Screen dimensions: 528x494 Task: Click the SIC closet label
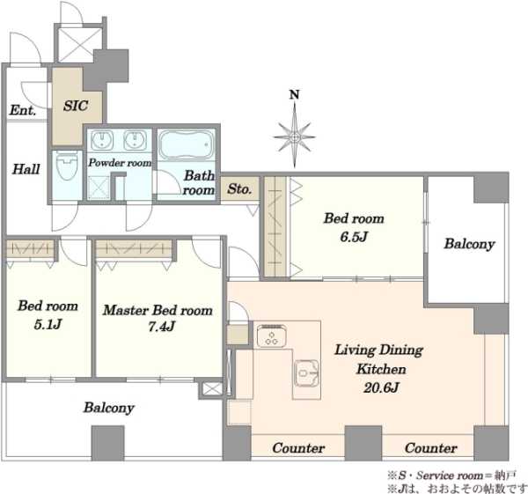tap(76, 106)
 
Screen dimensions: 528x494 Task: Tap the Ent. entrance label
tap(23, 110)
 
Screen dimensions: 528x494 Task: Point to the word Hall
tap(26, 169)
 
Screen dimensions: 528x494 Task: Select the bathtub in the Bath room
tap(187, 144)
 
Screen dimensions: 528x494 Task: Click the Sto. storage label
tap(239, 188)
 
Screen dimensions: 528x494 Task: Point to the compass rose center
tap(295, 136)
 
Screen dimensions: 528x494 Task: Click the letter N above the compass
tap(295, 95)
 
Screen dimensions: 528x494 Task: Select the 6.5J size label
tap(353, 237)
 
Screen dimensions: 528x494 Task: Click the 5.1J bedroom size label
tap(48, 324)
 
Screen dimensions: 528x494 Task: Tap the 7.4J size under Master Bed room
tap(162, 326)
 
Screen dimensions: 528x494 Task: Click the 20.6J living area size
tap(381, 387)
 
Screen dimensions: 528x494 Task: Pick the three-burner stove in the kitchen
tap(272, 335)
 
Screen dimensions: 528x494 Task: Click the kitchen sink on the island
tap(306, 373)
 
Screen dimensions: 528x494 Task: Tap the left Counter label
tap(298, 448)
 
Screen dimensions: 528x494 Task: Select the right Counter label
tap(431, 448)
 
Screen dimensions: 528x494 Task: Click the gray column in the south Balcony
tap(107, 443)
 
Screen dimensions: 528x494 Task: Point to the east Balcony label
tap(469, 244)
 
